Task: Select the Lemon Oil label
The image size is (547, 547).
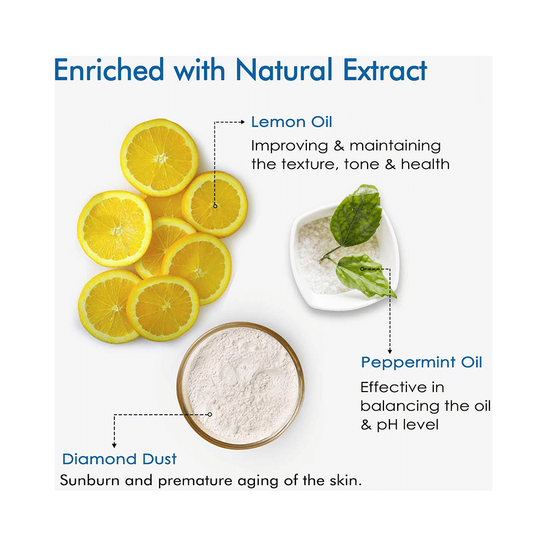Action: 292,122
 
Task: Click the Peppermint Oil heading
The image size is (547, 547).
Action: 421,362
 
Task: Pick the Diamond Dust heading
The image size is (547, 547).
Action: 119,458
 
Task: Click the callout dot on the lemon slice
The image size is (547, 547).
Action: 215,206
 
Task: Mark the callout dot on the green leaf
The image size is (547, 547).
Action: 362,269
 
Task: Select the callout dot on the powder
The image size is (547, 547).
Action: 210,414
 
